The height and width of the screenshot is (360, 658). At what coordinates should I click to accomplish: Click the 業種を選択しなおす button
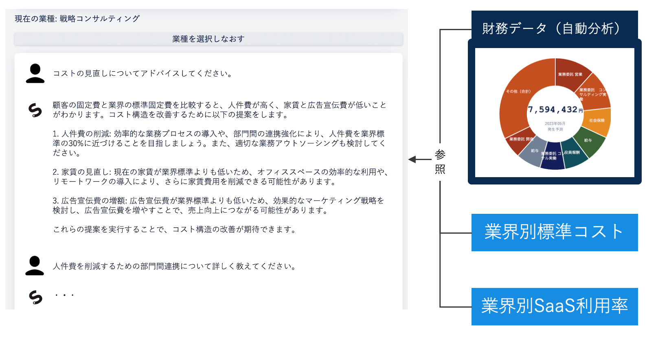pos(208,39)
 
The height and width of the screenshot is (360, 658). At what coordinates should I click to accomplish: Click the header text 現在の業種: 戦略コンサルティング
pos(77,19)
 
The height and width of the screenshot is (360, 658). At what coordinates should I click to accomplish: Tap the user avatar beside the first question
pos(35,74)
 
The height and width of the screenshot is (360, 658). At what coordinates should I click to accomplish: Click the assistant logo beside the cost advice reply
pos(35,110)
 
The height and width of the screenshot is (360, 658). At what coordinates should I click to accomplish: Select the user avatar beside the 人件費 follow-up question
pos(35,266)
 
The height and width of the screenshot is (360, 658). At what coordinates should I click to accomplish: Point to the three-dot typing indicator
pos(64,295)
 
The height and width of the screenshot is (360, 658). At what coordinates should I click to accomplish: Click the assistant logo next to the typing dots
pos(35,297)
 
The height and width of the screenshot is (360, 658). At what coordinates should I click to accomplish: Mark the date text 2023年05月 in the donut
pos(555,123)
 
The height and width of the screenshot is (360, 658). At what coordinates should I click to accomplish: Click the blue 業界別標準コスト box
pos(555,232)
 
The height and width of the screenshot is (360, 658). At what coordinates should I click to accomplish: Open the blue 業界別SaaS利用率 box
pos(555,306)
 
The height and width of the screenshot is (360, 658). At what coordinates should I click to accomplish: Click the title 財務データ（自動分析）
pos(552,29)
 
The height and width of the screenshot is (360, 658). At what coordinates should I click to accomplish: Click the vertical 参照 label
pos(440,161)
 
